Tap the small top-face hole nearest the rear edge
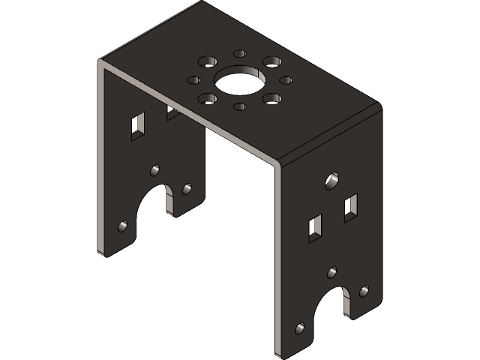coord(240,54)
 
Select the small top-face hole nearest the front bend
coord(239,106)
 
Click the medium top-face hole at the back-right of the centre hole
coord(272,61)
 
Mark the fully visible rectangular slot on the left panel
coord(137,126)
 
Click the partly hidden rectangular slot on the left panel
coord(172,112)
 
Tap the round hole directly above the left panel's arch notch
coord(155,170)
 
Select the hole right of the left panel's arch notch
coord(185,190)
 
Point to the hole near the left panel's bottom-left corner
coord(123,224)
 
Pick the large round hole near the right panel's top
coord(331,180)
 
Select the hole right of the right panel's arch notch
coord(364,291)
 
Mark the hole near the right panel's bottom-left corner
coord(300,328)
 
